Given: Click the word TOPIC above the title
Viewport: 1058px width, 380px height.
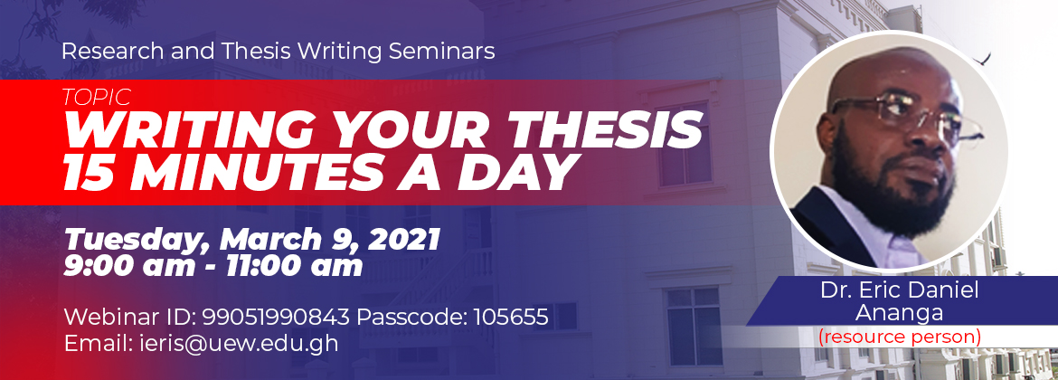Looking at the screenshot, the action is point(96,97).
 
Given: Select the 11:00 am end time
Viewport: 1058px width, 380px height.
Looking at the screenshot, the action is point(294,267).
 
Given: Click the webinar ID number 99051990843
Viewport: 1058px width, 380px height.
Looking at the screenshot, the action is point(276,315).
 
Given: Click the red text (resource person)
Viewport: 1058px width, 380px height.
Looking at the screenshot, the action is point(900,337).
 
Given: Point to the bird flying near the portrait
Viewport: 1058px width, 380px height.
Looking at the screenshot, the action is point(982,60).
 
